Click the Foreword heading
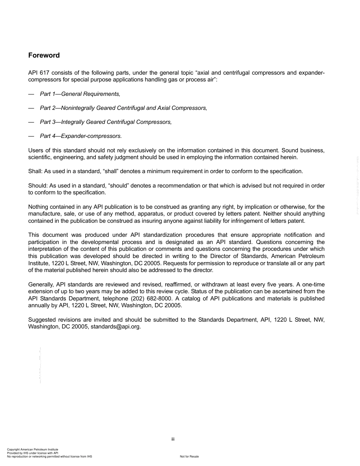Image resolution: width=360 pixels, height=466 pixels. pos(44,55)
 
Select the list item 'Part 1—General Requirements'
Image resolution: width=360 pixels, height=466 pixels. pos(80,94)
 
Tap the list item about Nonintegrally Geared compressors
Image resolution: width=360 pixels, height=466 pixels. pos(124,108)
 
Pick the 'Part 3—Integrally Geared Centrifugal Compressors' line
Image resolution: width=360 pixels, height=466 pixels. pos(106,122)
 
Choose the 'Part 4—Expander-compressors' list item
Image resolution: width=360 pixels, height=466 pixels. pos(81,136)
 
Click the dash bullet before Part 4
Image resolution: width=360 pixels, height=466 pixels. pos(31,136)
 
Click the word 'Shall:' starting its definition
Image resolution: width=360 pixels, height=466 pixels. pos(36,171)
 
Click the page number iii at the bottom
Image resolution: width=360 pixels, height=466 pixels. pos(172,439)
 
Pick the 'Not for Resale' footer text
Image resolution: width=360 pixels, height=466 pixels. pos(189,457)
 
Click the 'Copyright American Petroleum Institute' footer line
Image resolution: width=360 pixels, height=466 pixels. pos(33,450)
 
